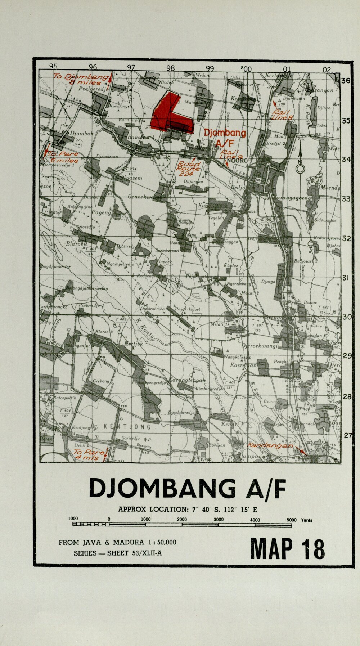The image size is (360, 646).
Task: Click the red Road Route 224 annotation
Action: click(189, 169)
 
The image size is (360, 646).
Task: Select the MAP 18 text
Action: click(287, 549)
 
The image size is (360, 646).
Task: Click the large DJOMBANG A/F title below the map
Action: click(187, 489)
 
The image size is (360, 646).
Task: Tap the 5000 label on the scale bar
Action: click(292, 520)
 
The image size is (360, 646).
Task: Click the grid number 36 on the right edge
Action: click(346, 81)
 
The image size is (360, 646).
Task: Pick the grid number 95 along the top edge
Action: click(53, 66)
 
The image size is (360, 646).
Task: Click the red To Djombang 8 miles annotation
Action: click(81, 79)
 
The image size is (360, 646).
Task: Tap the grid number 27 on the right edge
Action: click(348, 436)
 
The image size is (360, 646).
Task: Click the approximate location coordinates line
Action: click(187, 510)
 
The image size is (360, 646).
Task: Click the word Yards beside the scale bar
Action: click(306, 520)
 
